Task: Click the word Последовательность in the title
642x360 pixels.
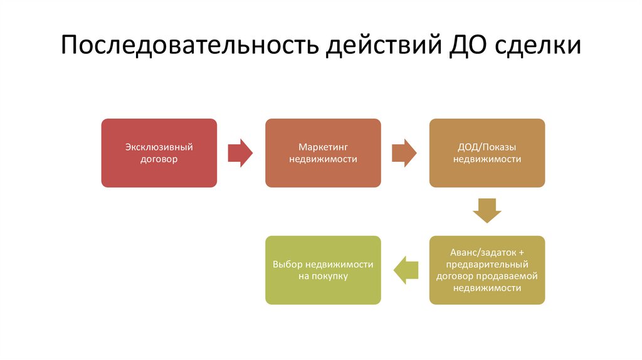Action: click(x=187, y=48)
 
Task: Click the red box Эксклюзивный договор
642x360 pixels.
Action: click(x=159, y=153)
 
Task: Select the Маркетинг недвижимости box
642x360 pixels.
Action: click(x=323, y=153)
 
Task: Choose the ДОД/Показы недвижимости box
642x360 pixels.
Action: click(x=487, y=153)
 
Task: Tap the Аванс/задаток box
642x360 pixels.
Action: click(x=487, y=270)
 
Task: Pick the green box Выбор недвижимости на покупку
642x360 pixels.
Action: click(x=323, y=270)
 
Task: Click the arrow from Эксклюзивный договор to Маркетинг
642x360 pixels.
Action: click(x=240, y=153)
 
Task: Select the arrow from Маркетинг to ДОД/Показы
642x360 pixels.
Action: click(x=404, y=153)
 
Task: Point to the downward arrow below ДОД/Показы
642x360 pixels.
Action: click(x=487, y=210)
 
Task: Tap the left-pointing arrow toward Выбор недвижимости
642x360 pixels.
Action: click(x=405, y=270)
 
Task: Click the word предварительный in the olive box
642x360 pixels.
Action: click(x=487, y=264)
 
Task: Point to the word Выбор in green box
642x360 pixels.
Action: click(x=285, y=264)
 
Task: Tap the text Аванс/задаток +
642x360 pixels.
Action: click(x=487, y=252)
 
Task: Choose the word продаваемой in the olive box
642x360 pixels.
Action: click(x=512, y=276)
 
